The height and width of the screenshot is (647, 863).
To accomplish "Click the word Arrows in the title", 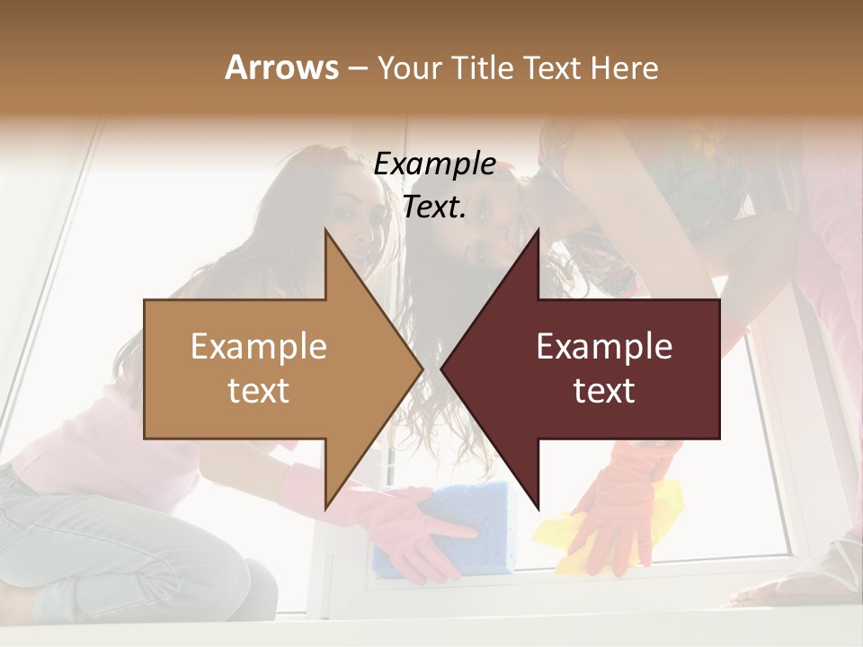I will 281,67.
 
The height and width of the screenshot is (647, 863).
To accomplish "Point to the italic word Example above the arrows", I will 434,164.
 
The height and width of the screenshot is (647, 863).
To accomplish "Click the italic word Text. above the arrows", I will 434,207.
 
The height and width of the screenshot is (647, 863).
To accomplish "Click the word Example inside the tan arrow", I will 259,347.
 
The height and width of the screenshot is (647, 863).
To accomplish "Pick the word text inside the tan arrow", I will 259,391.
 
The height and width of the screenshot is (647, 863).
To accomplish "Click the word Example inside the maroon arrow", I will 604,347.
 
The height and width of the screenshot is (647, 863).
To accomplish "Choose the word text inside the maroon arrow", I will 604,391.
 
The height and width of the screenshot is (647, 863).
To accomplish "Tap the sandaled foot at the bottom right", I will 809,575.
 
